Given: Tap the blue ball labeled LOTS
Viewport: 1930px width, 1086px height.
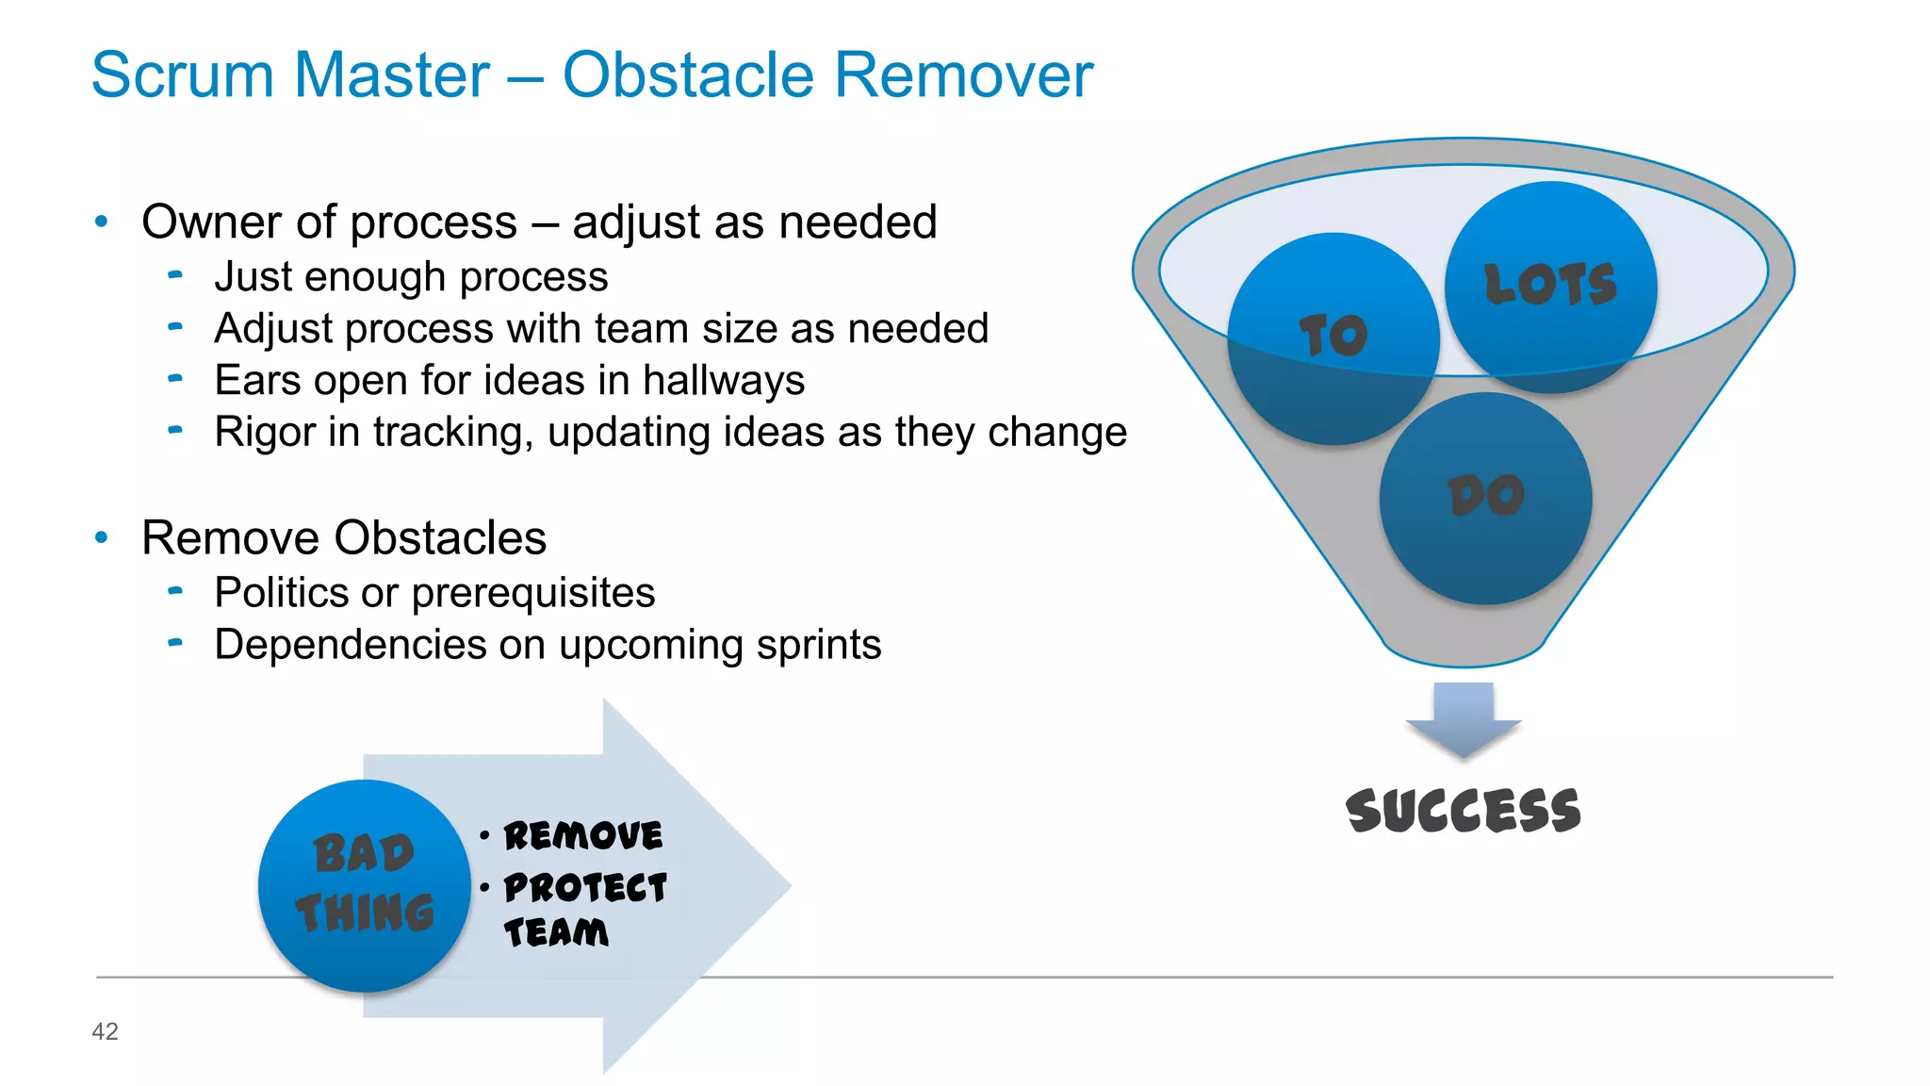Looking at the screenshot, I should click(x=1551, y=287).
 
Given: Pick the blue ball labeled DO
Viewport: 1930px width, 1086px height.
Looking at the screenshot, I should click(x=1486, y=499).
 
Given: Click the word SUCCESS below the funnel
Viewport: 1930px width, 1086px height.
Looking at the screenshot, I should click(x=1463, y=812).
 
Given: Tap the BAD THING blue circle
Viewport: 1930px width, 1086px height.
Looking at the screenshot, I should click(x=365, y=885).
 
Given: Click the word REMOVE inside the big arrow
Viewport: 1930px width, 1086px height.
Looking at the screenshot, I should click(x=582, y=836).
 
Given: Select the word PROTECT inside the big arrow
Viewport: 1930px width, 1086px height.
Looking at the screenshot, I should click(x=585, y=888).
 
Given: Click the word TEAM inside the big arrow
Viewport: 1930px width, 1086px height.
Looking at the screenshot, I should click(x=556, y=933).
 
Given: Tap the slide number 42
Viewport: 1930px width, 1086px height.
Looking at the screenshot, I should click(x=105, y=1031).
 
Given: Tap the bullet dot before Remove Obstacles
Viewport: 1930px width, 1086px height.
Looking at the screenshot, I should click(x=102, y=538).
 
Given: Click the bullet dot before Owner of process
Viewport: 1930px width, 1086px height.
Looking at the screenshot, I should click(x=102, y=222).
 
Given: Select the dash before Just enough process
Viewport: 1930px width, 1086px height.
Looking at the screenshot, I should click(x=175, y=276).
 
